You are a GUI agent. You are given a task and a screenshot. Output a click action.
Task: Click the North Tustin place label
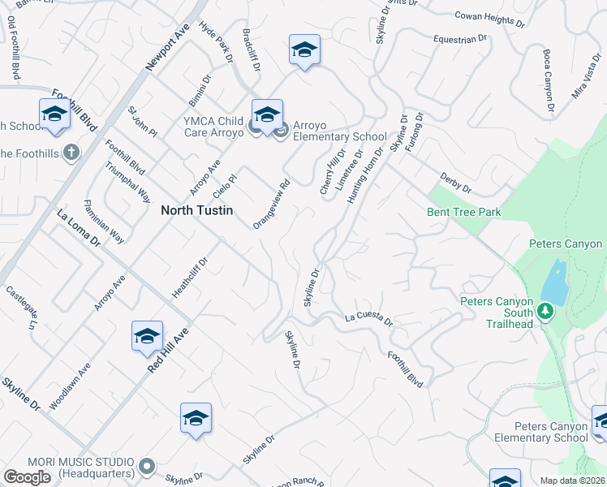(x=197, y=210)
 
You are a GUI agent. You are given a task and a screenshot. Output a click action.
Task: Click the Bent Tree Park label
(x=464, y=213)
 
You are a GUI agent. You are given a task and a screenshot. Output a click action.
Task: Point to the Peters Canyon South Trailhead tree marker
(x=546, y=310)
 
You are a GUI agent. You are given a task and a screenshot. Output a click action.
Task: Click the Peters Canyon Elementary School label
(x=551, y=432)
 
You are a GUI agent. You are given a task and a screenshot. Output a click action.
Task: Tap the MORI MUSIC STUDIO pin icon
(x=146, y=466)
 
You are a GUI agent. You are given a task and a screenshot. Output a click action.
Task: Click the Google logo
(x=27, y=477)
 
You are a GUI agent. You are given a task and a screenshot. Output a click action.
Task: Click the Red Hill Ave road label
(x=168, y=351)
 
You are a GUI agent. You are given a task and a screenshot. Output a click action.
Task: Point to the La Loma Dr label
(x=78, y=228)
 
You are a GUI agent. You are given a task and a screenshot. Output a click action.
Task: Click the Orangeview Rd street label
(x=271, y=204)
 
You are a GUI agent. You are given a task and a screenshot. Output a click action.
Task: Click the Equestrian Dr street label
(x=459, y=37)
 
